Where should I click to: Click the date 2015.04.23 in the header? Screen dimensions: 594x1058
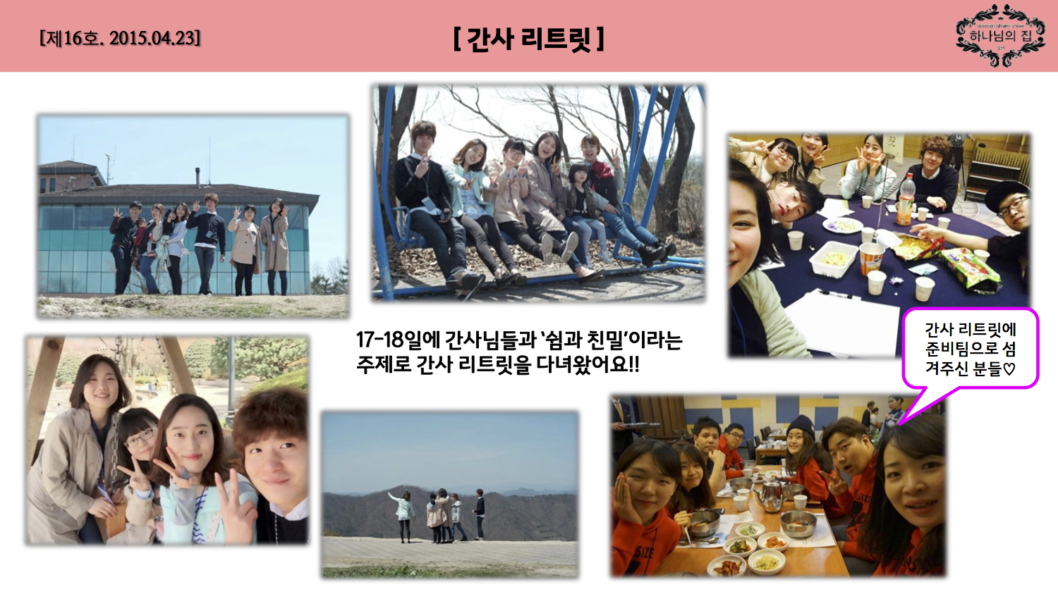click(x=154, y=37)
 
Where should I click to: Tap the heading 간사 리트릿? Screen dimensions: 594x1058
click(x=528, y=39)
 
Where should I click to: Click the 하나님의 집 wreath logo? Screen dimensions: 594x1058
click(x=1000, y=35)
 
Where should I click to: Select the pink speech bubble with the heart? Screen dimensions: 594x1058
click(x=971, y=348)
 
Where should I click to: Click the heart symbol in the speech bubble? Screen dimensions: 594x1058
click(x=1009, y=369)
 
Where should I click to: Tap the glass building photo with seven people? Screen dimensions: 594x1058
click(x=193, y=216)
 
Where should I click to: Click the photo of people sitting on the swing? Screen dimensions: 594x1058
click(x=538, y=192)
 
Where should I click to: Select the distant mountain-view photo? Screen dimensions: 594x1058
click(x=450, y=493)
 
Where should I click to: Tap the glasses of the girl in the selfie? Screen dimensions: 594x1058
click(x=140, y=438)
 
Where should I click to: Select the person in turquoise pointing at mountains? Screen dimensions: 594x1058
click(x=403, y=516)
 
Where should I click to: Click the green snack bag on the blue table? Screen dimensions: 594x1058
click(x=971, y=267)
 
